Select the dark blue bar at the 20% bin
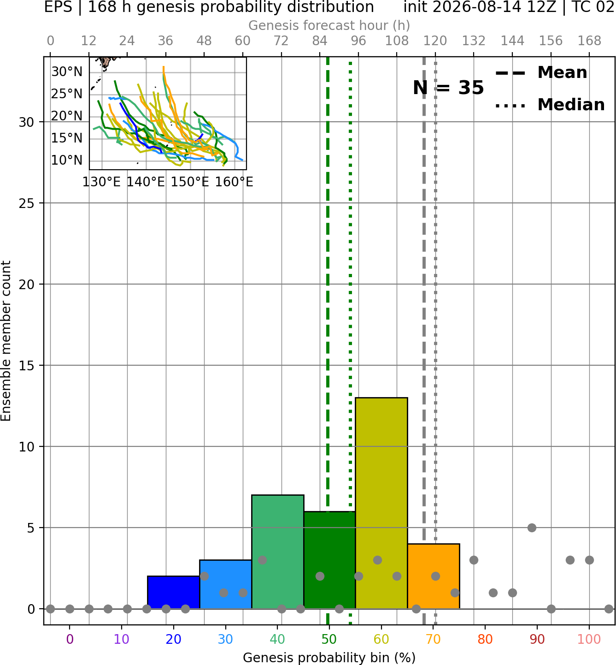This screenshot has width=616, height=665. click(174, 592)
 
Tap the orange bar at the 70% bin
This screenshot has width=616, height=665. click(434, 576)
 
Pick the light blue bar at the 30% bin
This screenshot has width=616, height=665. click(225, 584)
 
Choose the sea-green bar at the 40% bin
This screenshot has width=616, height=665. click(278, 552)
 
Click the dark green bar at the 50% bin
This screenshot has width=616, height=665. click(329, 560)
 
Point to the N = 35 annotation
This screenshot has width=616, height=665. click(448, 88)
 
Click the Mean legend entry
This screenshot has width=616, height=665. click(541, 73)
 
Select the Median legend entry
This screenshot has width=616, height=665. click(550, 105)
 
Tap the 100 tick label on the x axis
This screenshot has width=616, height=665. click(589, 639)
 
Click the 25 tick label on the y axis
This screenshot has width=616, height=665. click(26, 203)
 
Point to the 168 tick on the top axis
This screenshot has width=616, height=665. click(589, 41)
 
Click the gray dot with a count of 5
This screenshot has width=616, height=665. click(532, 528)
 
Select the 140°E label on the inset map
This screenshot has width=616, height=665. click(146, 182)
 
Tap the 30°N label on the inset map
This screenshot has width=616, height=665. click(67, 71)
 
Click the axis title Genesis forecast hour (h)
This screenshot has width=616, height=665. click(329, 25)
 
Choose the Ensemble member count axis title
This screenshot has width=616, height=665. click(6, 341)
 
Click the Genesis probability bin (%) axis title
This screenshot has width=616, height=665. click(329, 658)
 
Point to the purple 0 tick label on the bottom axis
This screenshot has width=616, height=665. click(70, 639)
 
